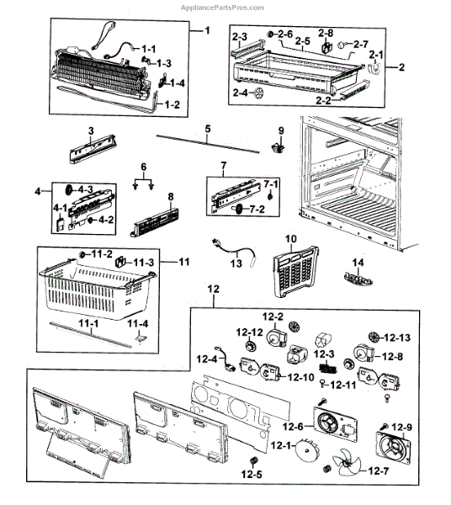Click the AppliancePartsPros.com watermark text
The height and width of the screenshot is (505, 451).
point(222,8)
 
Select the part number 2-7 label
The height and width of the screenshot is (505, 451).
point(360,44)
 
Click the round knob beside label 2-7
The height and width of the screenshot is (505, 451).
point(342,45)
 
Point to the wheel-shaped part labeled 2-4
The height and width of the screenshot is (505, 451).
point(258,93)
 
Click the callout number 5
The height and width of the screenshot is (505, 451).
point(208,129)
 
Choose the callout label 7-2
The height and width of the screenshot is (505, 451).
point(257,209)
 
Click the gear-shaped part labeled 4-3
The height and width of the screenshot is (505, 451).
point(68,190)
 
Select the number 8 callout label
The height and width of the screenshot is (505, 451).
point(171,196)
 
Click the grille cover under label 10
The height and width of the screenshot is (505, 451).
point(294,271)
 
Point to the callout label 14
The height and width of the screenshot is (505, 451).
point(358,263)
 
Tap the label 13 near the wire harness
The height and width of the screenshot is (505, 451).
point(236,263)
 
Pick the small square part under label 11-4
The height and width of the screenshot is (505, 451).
point(141,338)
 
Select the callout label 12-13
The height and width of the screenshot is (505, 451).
point(397,338)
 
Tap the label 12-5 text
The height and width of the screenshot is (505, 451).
point(252,474)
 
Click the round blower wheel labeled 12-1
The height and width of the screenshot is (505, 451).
point(307,450)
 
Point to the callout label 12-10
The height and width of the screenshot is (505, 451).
point(300,377)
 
